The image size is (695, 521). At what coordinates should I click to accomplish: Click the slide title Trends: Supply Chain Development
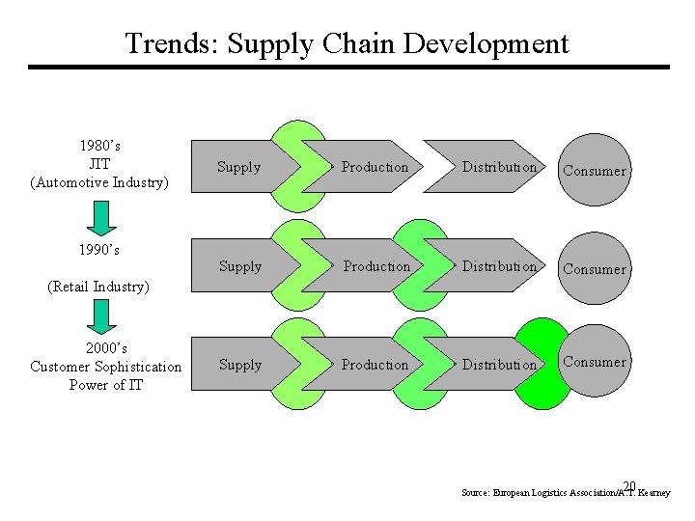[x=347, y=43]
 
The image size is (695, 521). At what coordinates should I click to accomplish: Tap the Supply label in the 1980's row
[x=239, y=167]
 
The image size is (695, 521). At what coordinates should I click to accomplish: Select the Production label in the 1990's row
[x=376, y=266]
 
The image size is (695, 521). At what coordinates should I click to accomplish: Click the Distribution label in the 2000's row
[x=499, y=365]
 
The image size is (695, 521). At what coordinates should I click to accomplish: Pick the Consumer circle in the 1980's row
[x=595, y=171]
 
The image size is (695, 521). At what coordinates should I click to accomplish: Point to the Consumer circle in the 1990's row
[x=595, y=269]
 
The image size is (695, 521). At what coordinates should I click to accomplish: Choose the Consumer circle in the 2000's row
[x=595, y=362]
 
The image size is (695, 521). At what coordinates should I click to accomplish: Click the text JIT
[x=99, y=164]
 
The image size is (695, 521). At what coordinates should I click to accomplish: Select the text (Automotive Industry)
[x=99, y=182]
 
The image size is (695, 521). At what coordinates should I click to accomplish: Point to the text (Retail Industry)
[x=99, y=287]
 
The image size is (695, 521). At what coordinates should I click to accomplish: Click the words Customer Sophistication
[x=105, y=367]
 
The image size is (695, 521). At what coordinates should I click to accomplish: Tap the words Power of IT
[x=105, y=385]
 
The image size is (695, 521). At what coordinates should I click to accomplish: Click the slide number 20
[x=628, y=486]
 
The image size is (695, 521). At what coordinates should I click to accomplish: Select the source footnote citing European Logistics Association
[x=565, y=493]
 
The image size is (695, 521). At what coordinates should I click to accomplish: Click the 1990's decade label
[x=99, y=250]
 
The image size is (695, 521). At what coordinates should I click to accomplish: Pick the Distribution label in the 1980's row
[x=499, y=167]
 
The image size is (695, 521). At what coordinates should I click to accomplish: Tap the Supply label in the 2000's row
[x=240, y=365]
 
